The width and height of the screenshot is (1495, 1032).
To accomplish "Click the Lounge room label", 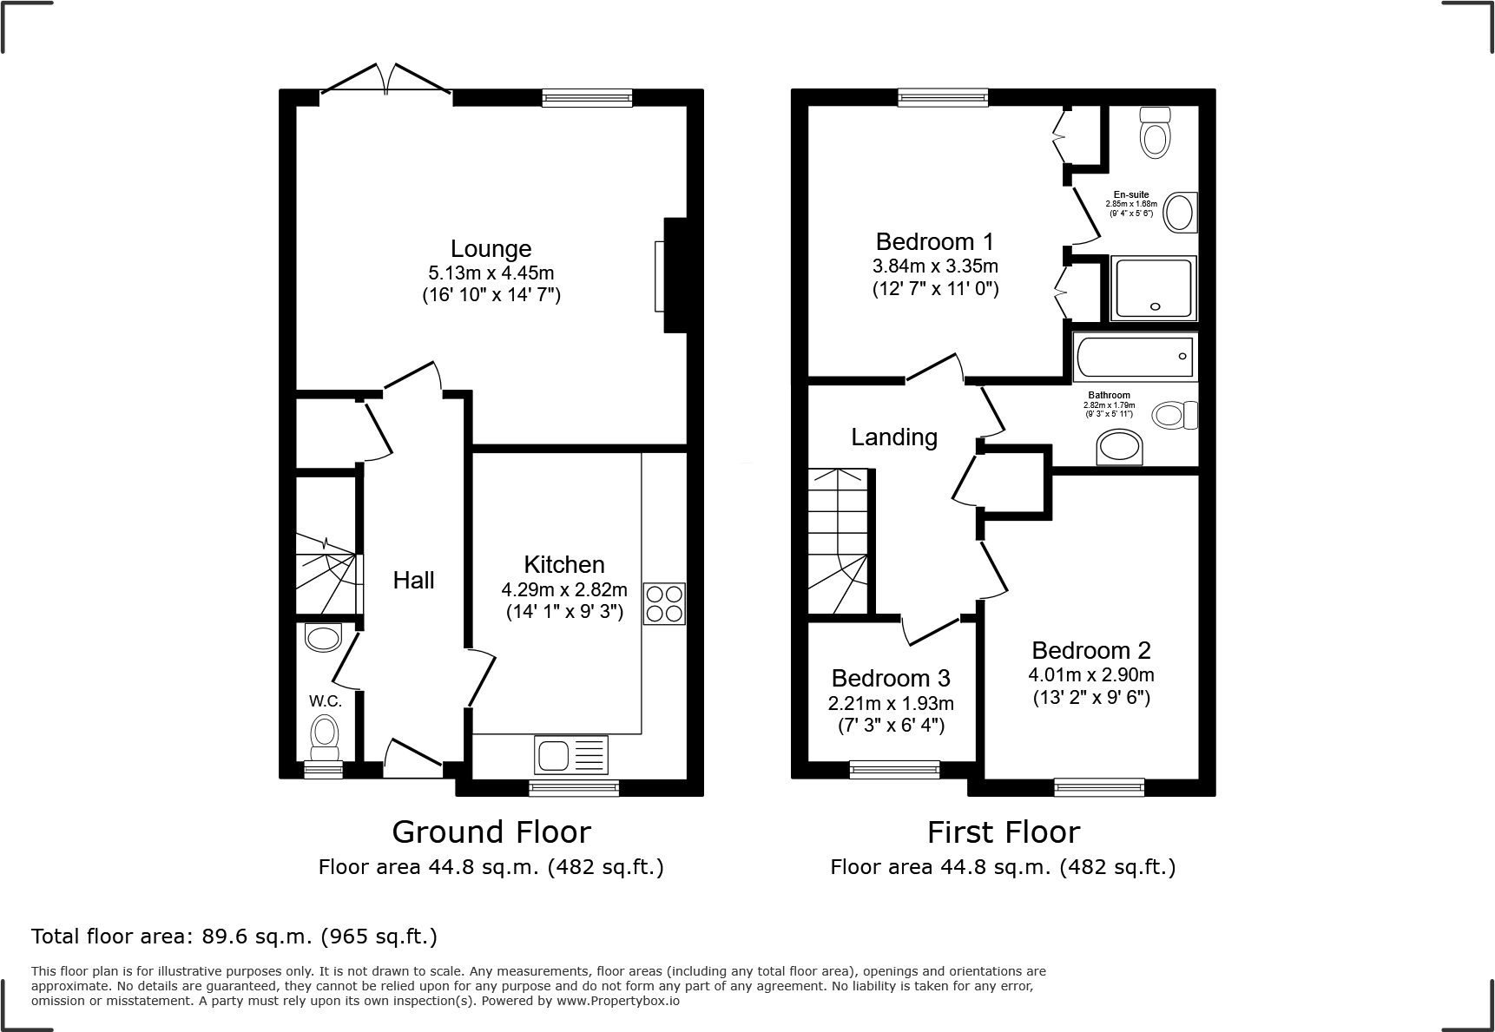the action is (491, 249).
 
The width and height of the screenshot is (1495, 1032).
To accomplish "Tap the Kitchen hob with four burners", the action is (664, 603).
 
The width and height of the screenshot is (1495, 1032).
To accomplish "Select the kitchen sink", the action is (572, 754).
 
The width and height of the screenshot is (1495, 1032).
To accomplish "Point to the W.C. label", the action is (325, 700).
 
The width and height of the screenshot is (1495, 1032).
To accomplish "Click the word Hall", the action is (413, 581).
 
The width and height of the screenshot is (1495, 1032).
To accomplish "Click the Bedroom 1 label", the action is (935, 241).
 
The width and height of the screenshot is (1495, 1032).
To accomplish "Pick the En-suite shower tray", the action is (1153, 287).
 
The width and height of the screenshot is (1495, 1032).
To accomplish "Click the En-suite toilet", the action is (1155, 133).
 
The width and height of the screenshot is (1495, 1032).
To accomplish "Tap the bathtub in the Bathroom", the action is (1135, 357).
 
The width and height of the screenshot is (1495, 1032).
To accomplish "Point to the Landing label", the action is (894, 437).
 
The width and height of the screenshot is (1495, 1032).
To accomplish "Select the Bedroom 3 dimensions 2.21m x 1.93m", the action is (891, 703).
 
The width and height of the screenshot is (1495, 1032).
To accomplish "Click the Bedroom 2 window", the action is (1099, 787).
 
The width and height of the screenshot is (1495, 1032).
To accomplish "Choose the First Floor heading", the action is (1004, 832).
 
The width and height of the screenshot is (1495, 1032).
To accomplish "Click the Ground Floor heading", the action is (491, 832).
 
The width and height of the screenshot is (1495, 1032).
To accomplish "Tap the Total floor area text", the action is (234, 937).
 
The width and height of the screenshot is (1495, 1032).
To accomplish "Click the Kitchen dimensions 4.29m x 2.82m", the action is (564, 590).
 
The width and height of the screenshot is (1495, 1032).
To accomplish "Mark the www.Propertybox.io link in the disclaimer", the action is (618, 1001).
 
